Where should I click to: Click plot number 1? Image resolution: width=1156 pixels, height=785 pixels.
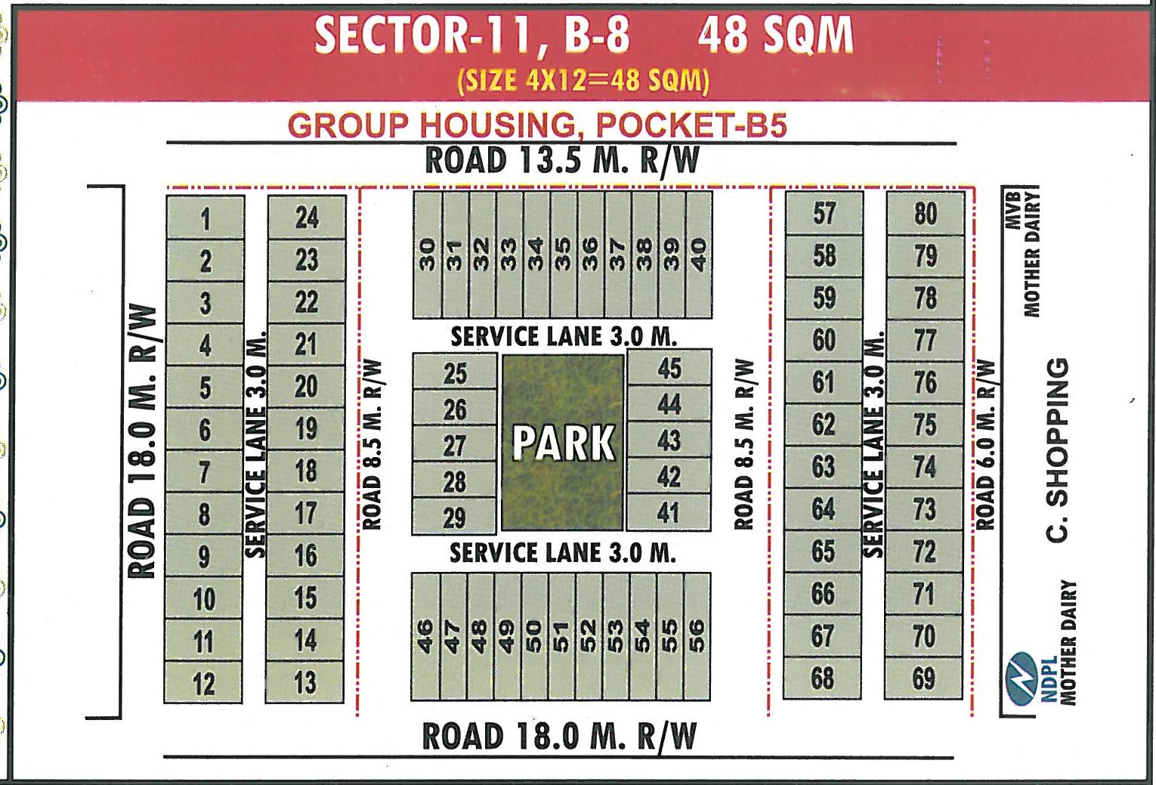click(205, 219)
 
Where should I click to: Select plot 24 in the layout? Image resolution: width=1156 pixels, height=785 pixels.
click(307, 218)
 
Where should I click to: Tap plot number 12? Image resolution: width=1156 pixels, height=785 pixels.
click(203, 684)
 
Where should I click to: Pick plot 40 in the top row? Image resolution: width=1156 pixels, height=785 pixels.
click(699, 255)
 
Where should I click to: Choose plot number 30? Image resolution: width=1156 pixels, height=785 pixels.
click(428, 255)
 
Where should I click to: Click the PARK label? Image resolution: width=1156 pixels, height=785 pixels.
click(563, 443)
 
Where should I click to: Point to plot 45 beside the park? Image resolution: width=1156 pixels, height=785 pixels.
click(669, 369)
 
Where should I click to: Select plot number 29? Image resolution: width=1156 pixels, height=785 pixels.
click(454, 518)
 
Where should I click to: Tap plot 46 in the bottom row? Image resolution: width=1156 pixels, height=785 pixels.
click(425, 637)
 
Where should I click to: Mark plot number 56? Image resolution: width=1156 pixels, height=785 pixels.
click(697, 637)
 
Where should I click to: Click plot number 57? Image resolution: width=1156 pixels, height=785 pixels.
click(824, 214)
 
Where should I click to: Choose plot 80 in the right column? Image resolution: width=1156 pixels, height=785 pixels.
click(926, 214)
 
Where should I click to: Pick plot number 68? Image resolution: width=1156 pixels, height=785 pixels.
click(822, 678)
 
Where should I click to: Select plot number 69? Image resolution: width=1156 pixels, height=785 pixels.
click(923, 678)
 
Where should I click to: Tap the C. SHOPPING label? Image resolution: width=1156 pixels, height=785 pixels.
click(1058, 450)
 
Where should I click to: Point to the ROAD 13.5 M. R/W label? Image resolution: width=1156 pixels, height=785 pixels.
click(562, 161)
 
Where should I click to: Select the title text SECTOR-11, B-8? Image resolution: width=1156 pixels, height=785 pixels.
click(472, 36)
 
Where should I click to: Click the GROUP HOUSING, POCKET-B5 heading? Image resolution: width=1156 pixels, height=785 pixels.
click(537, 125)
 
